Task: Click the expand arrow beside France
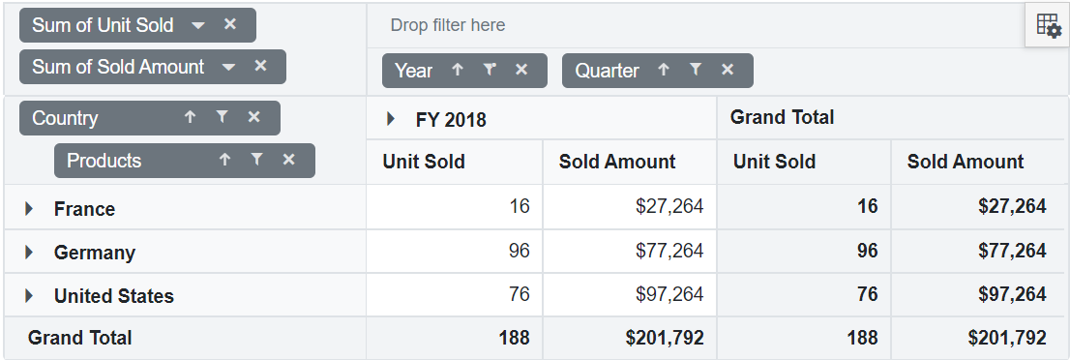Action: pyautogui.click(x=29, y=209)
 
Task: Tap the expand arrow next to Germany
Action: pyautogui.click(x=29, y=253)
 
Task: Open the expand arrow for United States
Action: pyautogui.click(x=29, y=296)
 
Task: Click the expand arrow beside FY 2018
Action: pyautogui.click(x=391, y=119)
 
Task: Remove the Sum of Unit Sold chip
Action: pyautogui.click(x=230, y=25)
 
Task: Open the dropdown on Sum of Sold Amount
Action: pyautogui.click(x=229, y=67)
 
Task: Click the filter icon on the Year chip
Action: pyautogui.click(x=490, y=70)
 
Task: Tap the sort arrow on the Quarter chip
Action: pyautogui.click(x=664, y=70)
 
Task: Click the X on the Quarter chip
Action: pyautogui.click(x=728, y=70)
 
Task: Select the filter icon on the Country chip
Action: pyautogui.click(x=222, y=117)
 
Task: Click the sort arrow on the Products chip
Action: pyautogui.click(x=224, y=160)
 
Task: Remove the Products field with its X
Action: pyautogui.click(x=288, y=160)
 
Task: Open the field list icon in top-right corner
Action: pyautogui.click(x=1048, y=26)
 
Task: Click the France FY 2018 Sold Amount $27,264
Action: pyautogui.click(x=669, y=206)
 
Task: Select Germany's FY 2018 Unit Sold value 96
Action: pyautogui.click(x=520, y=251)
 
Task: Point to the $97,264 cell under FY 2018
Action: pyautogui.click(x=669, y=294)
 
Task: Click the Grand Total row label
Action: pyautogui.click(x=80, y=338)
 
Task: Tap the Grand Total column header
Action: pyautogui.click(x=782, y=118)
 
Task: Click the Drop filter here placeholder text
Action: pyautogui.click(x=448, y=25)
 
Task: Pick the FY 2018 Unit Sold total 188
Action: pyautogui.click(x=514, y=338)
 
